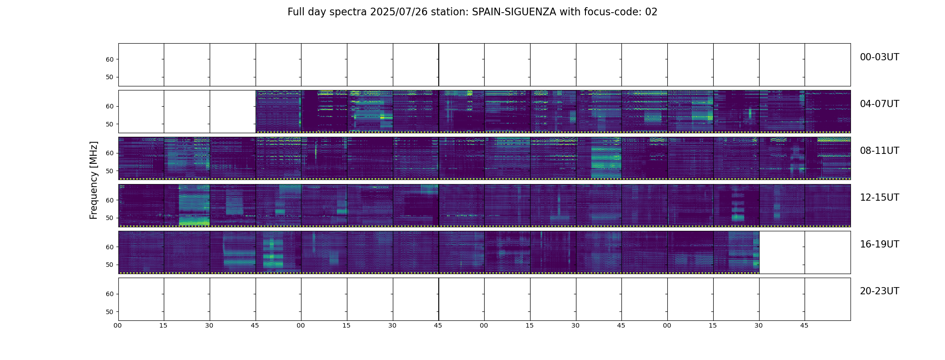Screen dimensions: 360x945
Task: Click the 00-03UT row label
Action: (x=879, y=57)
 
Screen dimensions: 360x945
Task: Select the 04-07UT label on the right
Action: (x=879, y=104)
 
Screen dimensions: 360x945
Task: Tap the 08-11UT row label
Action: (x=879, y=151)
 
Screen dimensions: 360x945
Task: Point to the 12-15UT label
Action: (x=879, y=198)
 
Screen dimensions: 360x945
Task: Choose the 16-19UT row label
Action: (x=879, y=244)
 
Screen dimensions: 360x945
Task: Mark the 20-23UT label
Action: (x=879, y=291)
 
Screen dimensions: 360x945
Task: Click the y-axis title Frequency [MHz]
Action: (x=94, y=180)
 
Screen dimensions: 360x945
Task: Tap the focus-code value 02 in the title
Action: (x=651, y=12)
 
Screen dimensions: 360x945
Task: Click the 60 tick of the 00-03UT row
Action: (x=109, y=59)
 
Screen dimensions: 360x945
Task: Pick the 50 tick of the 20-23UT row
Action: (x=109, y=312)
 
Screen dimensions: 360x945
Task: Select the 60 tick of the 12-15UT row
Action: (x=109, y=200)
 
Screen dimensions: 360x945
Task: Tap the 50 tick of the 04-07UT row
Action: (x=109, y=124)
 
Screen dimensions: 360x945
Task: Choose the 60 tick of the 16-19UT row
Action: (x=109, y=247)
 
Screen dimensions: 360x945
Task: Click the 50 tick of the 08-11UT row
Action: (x=109, y=171)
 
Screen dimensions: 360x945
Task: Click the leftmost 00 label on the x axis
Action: (x=118, y=325)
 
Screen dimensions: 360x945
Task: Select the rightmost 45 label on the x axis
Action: (x=804, y=325)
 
